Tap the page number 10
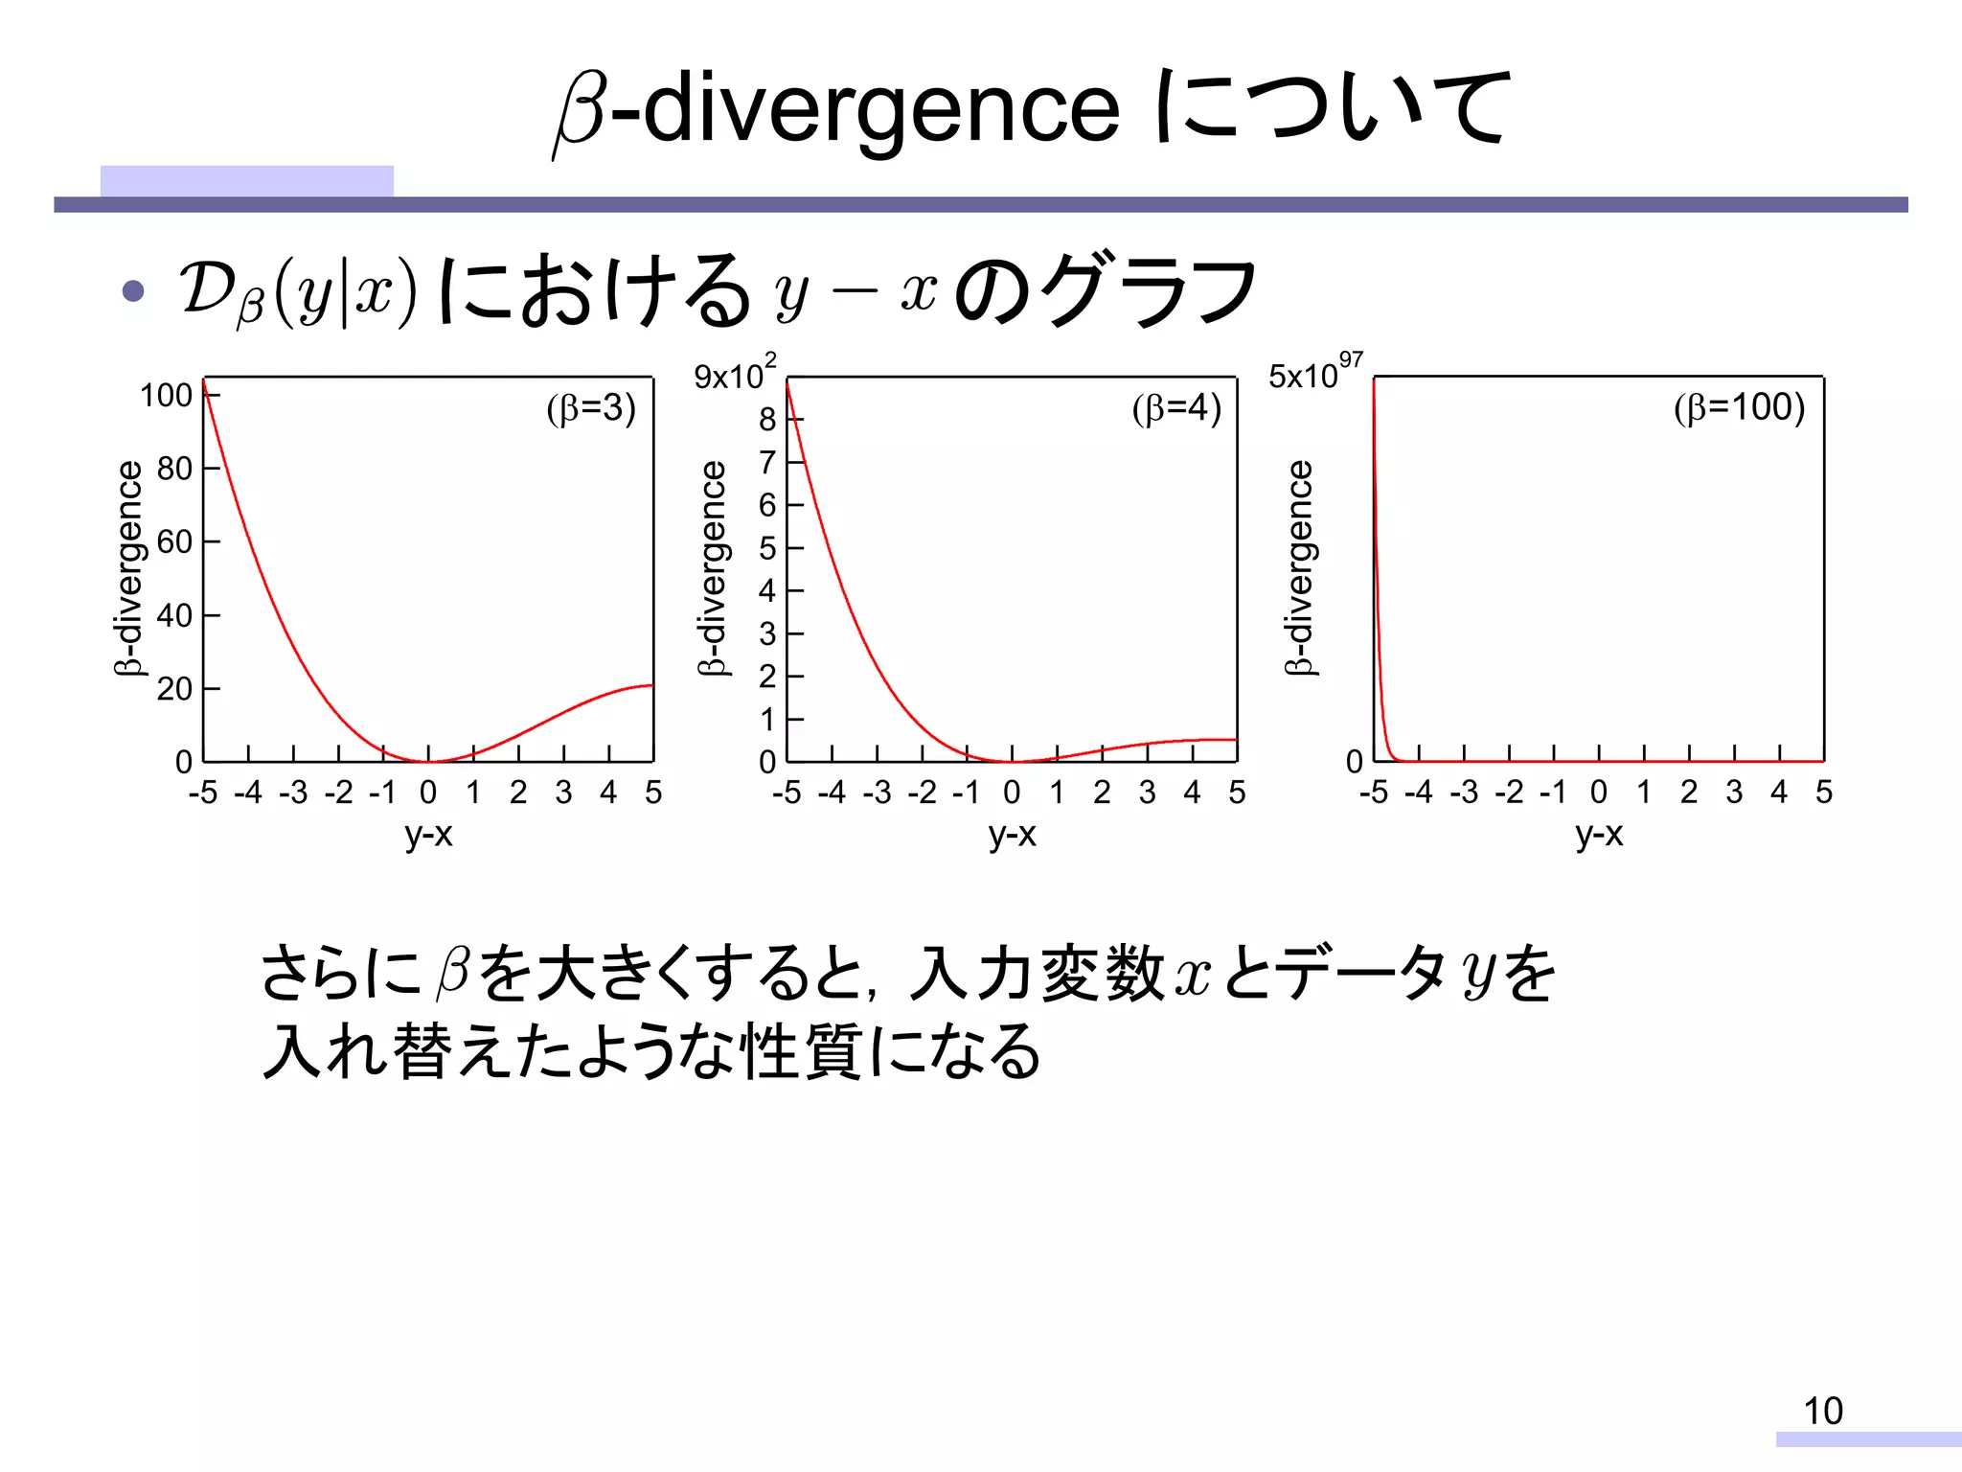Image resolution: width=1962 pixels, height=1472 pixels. point(1822,1411)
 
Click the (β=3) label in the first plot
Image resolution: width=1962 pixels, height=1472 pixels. point(591,408)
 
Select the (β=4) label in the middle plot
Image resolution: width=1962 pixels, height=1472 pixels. point(1176,408)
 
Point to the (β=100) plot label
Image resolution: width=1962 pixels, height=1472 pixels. point(1739,407)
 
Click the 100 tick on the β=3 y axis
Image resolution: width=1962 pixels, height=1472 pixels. point(167,395)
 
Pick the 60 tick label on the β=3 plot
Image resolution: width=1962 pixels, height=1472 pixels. point(175,541)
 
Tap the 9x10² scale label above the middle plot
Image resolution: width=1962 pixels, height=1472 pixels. point(735,374)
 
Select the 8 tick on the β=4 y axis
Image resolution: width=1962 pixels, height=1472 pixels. point(767,419)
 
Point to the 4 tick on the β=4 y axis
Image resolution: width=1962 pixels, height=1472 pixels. point(767,590)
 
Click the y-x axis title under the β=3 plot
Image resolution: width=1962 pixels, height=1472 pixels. point(428,835)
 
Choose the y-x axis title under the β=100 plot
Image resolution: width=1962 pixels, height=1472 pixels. point(1599,834)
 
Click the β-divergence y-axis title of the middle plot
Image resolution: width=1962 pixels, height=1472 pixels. point(713,568)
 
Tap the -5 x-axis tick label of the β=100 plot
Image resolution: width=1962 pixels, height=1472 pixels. point(1373,792)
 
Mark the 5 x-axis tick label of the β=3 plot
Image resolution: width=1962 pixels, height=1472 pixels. point(653,793)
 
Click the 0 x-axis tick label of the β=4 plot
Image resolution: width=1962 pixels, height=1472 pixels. point(1012,793)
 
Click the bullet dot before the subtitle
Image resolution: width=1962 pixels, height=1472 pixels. point(133,291)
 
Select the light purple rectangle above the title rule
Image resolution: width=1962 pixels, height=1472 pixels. point(246,181)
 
